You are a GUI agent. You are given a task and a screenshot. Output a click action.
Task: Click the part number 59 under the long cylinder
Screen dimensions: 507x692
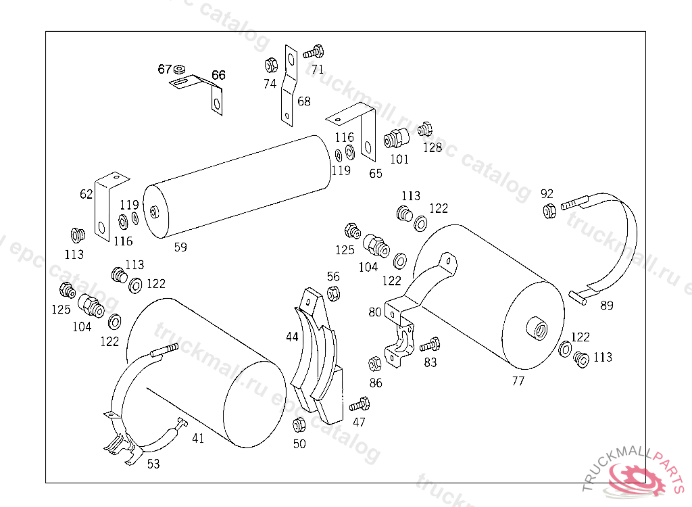click(180, 247)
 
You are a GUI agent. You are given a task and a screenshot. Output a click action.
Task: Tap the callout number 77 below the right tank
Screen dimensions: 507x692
click(518, 381)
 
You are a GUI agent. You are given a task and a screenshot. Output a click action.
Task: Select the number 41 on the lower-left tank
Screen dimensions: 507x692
click(197, 438)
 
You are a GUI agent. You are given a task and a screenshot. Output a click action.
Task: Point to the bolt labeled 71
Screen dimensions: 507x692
click(314, 51)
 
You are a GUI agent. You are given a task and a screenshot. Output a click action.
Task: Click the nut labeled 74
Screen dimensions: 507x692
click(270, 66)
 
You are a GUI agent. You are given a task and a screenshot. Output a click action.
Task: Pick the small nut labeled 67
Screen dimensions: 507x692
click(179, 69)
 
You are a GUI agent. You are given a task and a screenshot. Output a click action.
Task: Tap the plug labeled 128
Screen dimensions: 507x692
click(425, 128)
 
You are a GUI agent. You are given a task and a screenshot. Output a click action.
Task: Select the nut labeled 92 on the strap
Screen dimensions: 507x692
click(549, 210)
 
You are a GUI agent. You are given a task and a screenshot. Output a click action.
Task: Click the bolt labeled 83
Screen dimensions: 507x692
click(430, 346)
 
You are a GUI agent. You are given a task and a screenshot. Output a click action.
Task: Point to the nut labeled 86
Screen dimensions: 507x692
click(375, 364)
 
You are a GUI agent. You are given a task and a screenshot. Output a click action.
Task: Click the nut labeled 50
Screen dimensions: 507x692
click(299, 426)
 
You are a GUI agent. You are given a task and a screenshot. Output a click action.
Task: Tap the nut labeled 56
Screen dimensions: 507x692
click(333, 293)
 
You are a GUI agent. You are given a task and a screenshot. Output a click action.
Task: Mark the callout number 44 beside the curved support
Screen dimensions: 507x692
click(292, 336)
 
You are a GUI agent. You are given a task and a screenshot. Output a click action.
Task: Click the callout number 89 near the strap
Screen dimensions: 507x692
click(607, 305)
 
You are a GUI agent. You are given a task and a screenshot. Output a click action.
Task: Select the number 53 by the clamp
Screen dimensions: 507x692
click(153, 463)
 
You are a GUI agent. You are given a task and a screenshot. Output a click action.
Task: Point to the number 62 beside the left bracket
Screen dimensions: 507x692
click(86, 195)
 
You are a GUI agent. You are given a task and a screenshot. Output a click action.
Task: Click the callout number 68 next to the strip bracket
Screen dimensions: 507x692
click(304, 101)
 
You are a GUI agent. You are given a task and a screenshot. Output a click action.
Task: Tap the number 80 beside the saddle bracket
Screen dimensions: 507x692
click(375, 312)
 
